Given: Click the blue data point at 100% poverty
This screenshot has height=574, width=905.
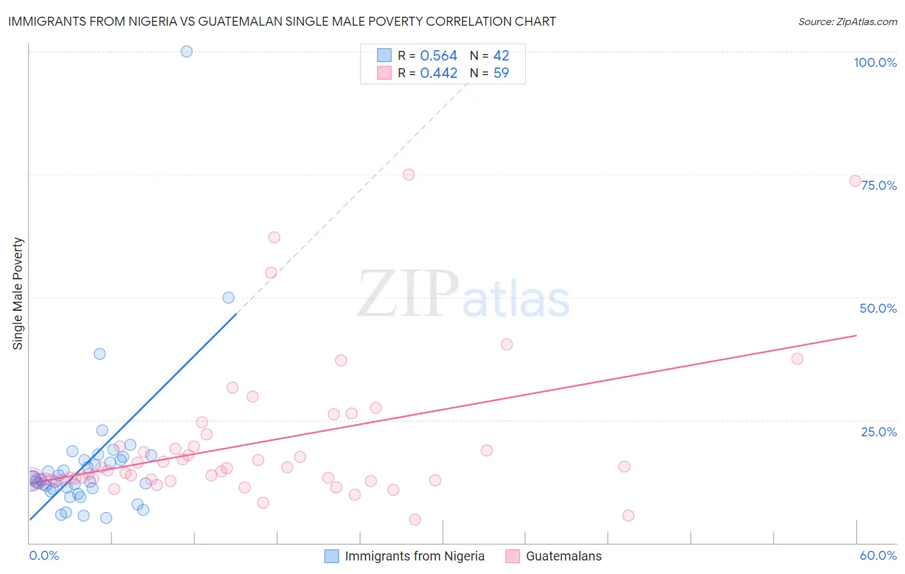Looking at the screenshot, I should tap(187, 51).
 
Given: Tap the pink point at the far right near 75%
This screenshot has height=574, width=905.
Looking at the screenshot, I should tap(855, 181).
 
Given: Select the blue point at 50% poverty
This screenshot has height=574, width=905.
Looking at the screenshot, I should tap(229, 297).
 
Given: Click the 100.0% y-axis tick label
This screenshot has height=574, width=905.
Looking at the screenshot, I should tap(875, 62).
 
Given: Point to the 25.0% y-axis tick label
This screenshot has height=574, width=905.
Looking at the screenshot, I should tap(879, 432).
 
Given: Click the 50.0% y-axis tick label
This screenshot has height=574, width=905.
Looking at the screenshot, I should tap(878, 308).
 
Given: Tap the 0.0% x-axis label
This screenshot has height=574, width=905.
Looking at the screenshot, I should tap(44, 555).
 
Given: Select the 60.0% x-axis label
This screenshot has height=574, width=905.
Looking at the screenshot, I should tap(878, 555).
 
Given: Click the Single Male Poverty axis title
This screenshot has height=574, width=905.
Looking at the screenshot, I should tap(18, 293).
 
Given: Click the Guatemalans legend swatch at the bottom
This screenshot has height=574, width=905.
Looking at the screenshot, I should tap(512, 556).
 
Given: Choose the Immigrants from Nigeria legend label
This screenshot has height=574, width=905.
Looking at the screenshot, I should tap(415, 556).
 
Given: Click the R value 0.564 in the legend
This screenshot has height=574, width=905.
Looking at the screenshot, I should tap(438, 56).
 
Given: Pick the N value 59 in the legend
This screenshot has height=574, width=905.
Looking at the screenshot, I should tap(501, 73).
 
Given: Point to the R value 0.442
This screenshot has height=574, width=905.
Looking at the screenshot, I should tap(438, 73).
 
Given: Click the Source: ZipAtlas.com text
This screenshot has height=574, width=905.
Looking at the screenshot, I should tap(847, 22).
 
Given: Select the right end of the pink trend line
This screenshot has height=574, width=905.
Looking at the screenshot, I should tap(856, 335).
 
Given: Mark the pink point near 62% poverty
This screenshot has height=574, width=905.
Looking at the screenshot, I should tap(274, 237).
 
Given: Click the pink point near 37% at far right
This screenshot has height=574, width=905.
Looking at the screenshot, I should tap(798, 358).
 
